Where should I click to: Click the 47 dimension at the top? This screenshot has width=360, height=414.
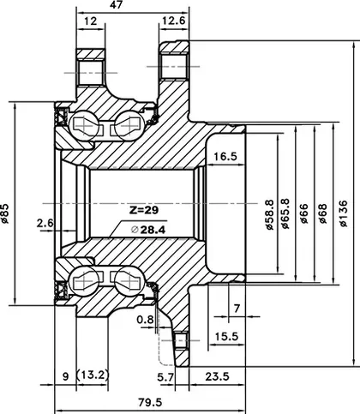click(116, 5)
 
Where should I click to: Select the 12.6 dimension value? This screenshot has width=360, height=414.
click(174, 21)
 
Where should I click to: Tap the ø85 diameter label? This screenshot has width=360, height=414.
click(5, 213)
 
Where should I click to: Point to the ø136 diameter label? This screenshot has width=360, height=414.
click(344, 213)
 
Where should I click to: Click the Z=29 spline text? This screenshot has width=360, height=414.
click(144, 210)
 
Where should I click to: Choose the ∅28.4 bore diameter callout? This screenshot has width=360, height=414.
click(148, 230)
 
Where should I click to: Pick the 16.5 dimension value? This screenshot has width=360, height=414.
click(225, 156)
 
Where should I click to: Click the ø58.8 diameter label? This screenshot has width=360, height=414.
click(269, 215)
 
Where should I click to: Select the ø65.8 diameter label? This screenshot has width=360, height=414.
click(285, 213)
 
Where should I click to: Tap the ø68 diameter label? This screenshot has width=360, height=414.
click(322, 213)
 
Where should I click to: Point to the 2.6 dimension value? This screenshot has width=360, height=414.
click(45, 223)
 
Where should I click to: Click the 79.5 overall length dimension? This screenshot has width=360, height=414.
click(150, 403)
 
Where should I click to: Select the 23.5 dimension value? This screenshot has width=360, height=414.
click(217, 376)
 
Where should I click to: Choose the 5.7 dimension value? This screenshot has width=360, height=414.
click(165, 377)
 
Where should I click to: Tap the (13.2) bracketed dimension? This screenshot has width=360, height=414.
click(93, 375)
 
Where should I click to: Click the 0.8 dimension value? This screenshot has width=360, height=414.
click(145, 320)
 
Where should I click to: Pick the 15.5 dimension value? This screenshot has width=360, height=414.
click(226, 336)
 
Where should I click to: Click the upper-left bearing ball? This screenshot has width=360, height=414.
click(84, 125)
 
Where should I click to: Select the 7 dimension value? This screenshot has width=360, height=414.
click(237, 309)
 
